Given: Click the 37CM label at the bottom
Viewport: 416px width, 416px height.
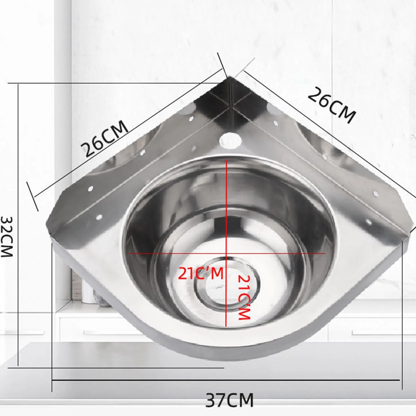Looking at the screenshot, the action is click(x=230, y=400).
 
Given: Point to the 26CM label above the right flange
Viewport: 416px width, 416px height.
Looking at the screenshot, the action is click(x=331, y=105).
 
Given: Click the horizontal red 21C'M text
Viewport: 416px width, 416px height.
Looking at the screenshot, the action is click(x=201, y=273).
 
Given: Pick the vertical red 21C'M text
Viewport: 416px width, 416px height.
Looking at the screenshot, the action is click(x=244, y=297).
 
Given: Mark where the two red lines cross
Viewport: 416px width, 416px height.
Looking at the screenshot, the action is click(x=226, y=253).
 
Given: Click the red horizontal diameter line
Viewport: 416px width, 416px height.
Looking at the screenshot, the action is click(x=227, y=253).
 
